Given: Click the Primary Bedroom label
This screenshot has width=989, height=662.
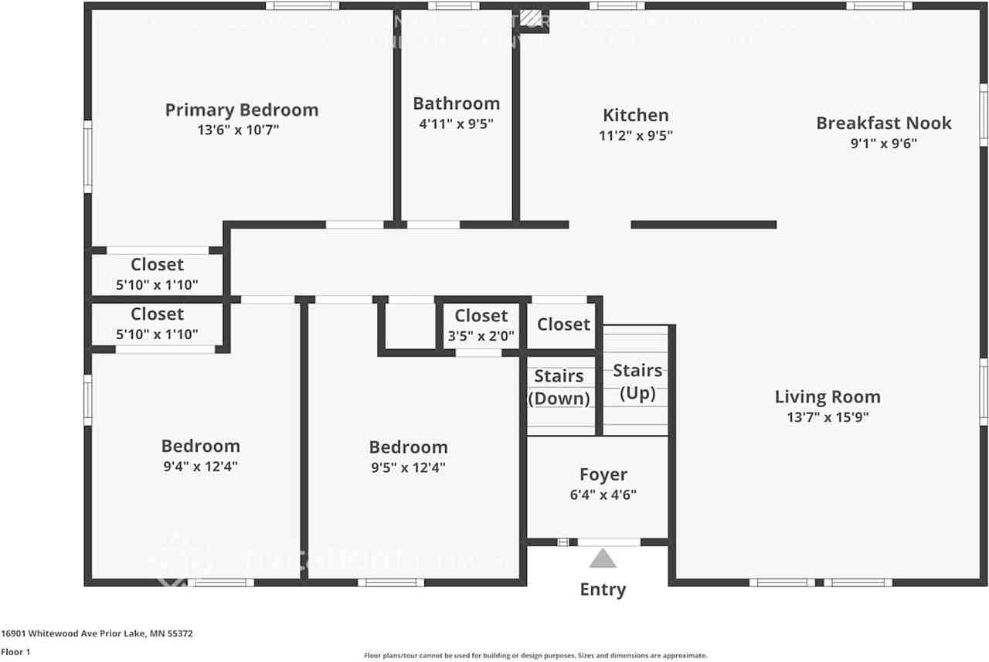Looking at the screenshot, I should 241,110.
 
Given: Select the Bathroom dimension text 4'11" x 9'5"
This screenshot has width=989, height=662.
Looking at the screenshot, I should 456,123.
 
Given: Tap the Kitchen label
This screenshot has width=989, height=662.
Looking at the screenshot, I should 635,115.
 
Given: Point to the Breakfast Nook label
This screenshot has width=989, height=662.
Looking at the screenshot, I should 883,123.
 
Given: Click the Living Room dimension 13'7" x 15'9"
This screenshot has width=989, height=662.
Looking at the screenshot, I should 828,417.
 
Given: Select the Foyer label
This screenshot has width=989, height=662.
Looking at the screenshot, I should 603,474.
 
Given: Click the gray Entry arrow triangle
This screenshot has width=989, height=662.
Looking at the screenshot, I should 603,558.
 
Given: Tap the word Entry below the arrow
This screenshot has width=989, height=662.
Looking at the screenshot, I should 603,589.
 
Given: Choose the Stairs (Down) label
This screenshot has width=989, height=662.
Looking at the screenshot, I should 559,387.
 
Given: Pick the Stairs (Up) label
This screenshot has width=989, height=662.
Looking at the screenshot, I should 637,382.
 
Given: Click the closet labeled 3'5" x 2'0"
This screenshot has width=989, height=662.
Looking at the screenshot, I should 481,325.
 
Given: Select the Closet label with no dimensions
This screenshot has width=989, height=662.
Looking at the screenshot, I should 563,324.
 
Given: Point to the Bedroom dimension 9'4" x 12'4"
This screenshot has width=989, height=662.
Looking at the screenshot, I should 200,467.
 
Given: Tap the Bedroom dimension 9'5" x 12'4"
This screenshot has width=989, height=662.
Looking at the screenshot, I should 408,467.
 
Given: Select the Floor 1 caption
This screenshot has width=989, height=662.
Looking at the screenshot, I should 15,652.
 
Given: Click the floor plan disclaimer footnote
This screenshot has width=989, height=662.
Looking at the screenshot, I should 535,655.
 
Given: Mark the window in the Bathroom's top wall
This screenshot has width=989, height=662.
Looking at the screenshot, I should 454,6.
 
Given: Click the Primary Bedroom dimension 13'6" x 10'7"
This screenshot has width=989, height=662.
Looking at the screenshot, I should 238,130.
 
